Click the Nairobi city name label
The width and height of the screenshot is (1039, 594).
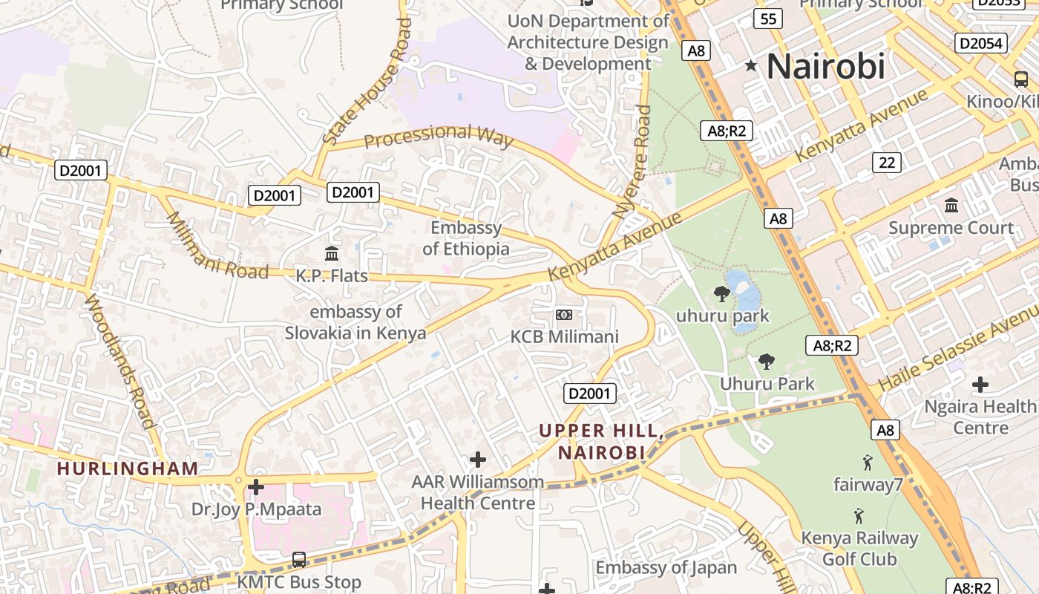(825, 66)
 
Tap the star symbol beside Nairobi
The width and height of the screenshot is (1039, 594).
(751, 66)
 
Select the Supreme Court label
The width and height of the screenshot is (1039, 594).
(951, 228)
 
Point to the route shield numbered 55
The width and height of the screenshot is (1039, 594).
(768, 19)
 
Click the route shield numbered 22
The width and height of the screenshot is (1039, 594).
(886, 162)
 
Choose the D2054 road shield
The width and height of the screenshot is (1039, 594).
(980, 43)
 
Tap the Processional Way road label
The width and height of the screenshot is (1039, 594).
(439, 135)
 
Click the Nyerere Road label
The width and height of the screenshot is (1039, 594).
(632, 161)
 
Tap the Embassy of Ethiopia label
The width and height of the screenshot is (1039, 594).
(466, 238)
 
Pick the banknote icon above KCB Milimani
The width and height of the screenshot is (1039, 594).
(564, 315)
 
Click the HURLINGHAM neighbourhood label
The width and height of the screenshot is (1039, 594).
(128, 469)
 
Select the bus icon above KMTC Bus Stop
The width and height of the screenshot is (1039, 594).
(299, 559)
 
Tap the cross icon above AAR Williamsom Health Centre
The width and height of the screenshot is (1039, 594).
(478, 460)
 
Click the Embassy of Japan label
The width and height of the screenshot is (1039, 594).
(666, 568)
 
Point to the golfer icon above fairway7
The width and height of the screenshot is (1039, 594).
(867, 463)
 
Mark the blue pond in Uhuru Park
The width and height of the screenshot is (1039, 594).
(742, 291)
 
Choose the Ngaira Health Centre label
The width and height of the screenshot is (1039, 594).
(980, 417)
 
